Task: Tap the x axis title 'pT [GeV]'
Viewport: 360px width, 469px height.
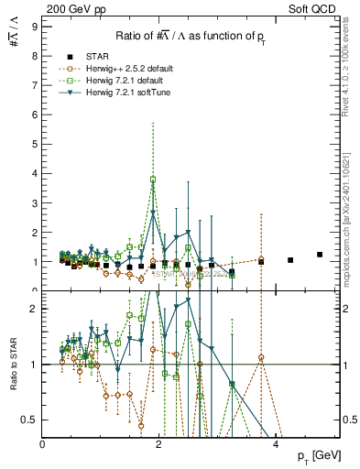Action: (321, 455)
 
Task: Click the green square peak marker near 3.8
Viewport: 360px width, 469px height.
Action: (153, 180)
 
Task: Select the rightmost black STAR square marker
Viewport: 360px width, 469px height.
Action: (320, 255)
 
